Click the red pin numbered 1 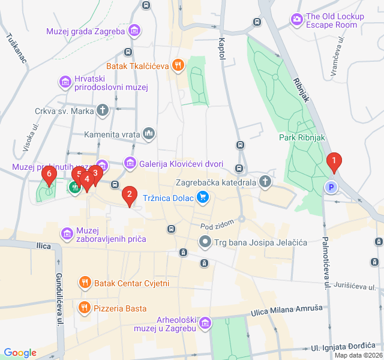pos(334,161)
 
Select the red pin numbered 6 pos(50,175)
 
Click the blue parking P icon pos(330,187)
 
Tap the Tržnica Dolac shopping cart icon pos(203,197)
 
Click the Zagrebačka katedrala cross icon pos(265,181)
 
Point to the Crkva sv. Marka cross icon pos(103,110)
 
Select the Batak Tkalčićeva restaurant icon pos(177,65)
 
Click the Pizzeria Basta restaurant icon pos(85,308)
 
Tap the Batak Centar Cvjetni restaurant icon pos(85,282)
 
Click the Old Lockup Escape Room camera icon pos(296,20)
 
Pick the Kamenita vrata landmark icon pos(149,133)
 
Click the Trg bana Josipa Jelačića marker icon pos(205,242)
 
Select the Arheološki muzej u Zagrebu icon pos(206,323)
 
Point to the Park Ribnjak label pos(302,137)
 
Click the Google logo pos(20,353)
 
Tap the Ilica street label pos(43,246)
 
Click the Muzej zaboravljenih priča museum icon pos(67,233)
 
